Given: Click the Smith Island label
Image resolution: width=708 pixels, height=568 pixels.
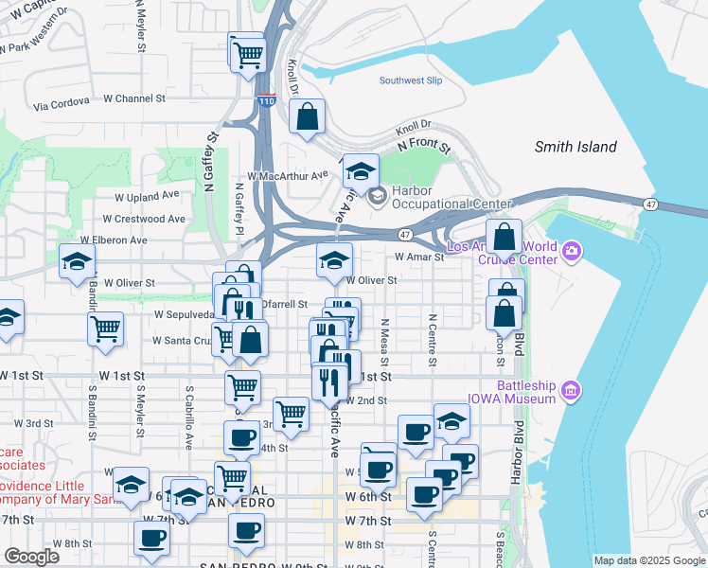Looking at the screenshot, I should (575, 147).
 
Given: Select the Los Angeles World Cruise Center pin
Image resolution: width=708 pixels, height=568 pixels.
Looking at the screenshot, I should (571, 252).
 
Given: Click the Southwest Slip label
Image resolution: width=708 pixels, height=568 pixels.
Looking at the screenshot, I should (411, 80).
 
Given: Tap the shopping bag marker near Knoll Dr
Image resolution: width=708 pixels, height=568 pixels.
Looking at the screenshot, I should (308, 119).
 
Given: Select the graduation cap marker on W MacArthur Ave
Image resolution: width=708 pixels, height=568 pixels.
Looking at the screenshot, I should (360, 173).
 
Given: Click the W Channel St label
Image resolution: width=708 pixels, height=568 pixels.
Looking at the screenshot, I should (134, 98).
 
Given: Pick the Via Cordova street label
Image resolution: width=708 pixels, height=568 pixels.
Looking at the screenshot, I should (62, 100).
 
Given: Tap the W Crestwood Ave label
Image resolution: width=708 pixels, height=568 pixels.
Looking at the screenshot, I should (149, 219).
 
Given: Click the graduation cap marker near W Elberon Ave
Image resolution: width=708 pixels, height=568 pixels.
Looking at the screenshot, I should (77, 264).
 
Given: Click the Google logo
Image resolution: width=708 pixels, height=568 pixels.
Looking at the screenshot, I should (31, 557).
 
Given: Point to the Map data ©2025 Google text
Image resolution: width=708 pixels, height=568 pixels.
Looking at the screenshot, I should (648, 560).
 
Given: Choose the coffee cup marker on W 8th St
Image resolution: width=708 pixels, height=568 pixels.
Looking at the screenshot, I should (151, 539).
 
